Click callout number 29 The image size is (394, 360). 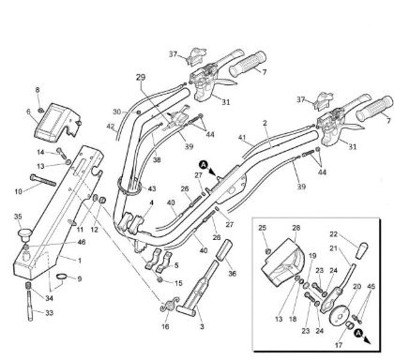[142, 76]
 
